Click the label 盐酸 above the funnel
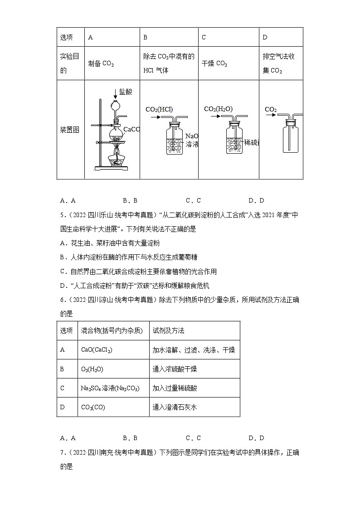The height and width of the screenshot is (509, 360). point(126,92)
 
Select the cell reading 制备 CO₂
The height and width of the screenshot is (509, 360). point(101,64)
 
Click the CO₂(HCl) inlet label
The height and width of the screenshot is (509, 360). point(159,109)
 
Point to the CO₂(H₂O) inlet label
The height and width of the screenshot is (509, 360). point(218,109)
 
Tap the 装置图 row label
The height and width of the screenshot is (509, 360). point(69,130)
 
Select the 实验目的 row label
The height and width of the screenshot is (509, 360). point(69,63)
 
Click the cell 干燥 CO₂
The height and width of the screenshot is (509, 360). point(214,64)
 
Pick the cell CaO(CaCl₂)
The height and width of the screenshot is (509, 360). point(97,350)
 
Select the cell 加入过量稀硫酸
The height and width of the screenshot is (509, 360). point(175,388)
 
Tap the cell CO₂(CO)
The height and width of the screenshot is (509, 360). point(93,407)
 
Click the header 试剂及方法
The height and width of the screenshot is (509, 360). point(169,330)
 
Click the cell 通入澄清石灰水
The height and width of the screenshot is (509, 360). point(175,407)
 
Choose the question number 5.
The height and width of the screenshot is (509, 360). point(62,215)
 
